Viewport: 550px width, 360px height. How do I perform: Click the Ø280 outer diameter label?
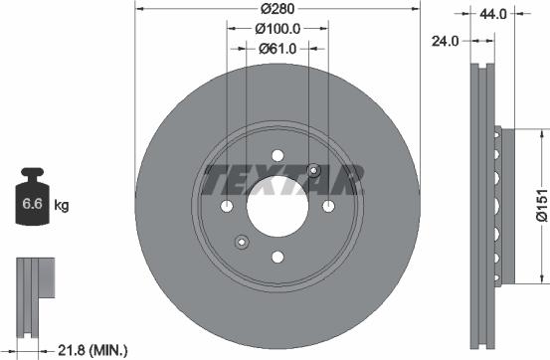point(277,9)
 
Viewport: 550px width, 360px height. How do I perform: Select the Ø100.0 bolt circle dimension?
point(277,29)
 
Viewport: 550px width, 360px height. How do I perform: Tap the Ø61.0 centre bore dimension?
point(277,48)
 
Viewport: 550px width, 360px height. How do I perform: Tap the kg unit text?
point(62,207)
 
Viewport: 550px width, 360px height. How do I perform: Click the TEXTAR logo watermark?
point(278,181)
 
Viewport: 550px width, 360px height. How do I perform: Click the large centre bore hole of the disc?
point(277,206)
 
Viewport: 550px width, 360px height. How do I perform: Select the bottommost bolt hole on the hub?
point(277,257)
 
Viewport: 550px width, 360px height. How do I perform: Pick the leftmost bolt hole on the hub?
point(227,206)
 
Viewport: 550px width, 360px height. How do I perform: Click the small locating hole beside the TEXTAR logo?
point(314,169)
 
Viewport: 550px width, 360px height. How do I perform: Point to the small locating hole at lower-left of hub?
point(240,242)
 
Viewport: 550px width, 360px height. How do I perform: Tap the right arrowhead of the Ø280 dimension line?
point(417,10)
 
